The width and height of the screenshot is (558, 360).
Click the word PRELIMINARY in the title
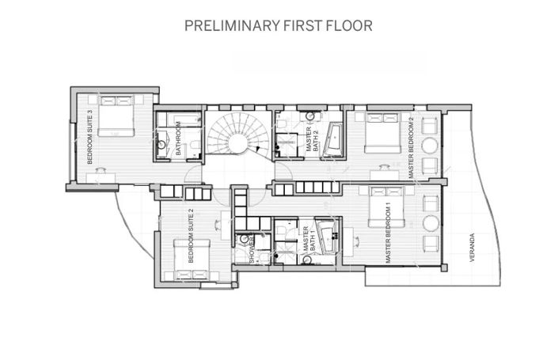click(x=230, y=25)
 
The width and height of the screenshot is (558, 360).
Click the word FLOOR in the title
click(x=349, y=25)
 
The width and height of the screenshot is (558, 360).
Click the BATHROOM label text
click(x=180, y=138)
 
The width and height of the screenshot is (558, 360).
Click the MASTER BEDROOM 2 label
click(x=411, y=146)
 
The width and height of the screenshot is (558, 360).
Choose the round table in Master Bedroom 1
click(x=431, y=220)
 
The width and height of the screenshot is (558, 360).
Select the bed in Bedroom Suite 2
click(x=194, y=255)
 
